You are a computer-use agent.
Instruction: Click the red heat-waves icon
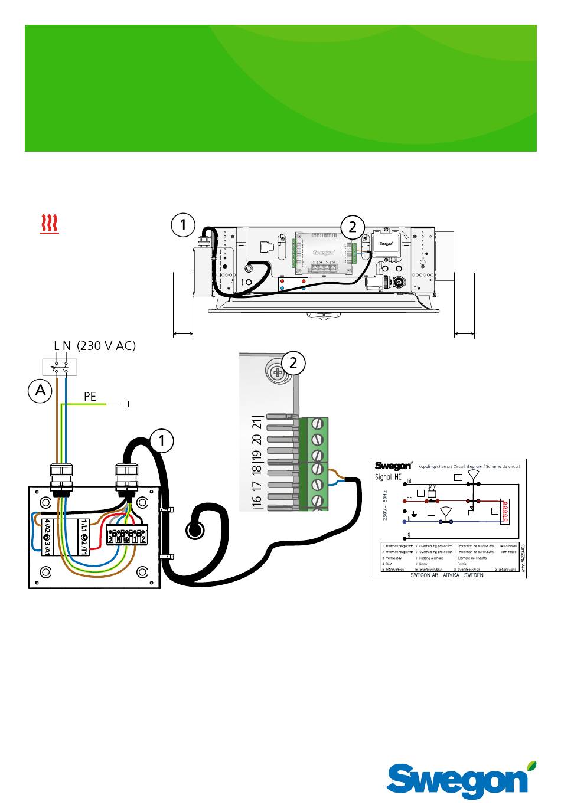point(50,224)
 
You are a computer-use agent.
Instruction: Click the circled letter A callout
point(40,391)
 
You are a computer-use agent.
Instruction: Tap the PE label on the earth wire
point(90,397)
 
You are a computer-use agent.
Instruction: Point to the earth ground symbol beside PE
point(125,404)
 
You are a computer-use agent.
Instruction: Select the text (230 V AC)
point(106,346)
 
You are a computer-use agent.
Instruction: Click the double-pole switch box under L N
point(60,367)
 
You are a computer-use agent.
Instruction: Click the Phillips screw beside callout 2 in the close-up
point(275,372)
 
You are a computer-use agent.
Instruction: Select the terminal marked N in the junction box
point(118,538)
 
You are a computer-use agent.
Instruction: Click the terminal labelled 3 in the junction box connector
point(110,538)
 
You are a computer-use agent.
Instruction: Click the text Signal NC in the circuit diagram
point(388,477)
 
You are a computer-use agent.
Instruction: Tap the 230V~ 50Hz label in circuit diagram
point(384,505)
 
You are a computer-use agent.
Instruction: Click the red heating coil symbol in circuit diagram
point(505,512)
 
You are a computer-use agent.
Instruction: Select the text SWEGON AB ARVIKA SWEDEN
point(446,575)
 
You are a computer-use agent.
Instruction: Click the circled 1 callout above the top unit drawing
point(183,225)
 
